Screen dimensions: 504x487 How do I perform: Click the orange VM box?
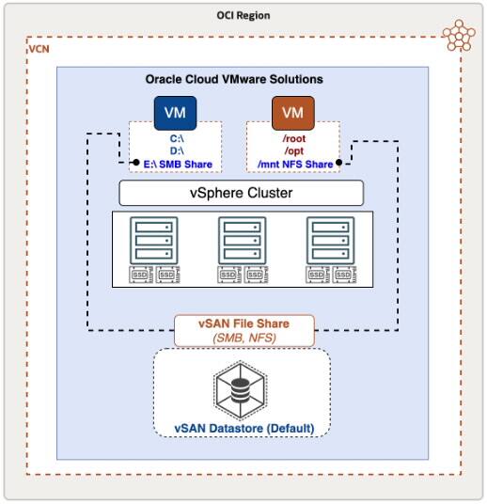coord(292,114)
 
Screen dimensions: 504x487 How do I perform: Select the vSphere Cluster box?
coord(242,193)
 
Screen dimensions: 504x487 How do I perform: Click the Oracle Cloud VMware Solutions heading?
coord(242,81)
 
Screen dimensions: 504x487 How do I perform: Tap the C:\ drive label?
coord(176,138)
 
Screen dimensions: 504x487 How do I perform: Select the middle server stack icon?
coord(241,241)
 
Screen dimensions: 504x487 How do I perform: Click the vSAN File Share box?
coord(243,330)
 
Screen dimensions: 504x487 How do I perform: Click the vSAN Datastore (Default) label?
coord(243,429)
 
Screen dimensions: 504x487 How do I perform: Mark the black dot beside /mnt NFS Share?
coord(338,164)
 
